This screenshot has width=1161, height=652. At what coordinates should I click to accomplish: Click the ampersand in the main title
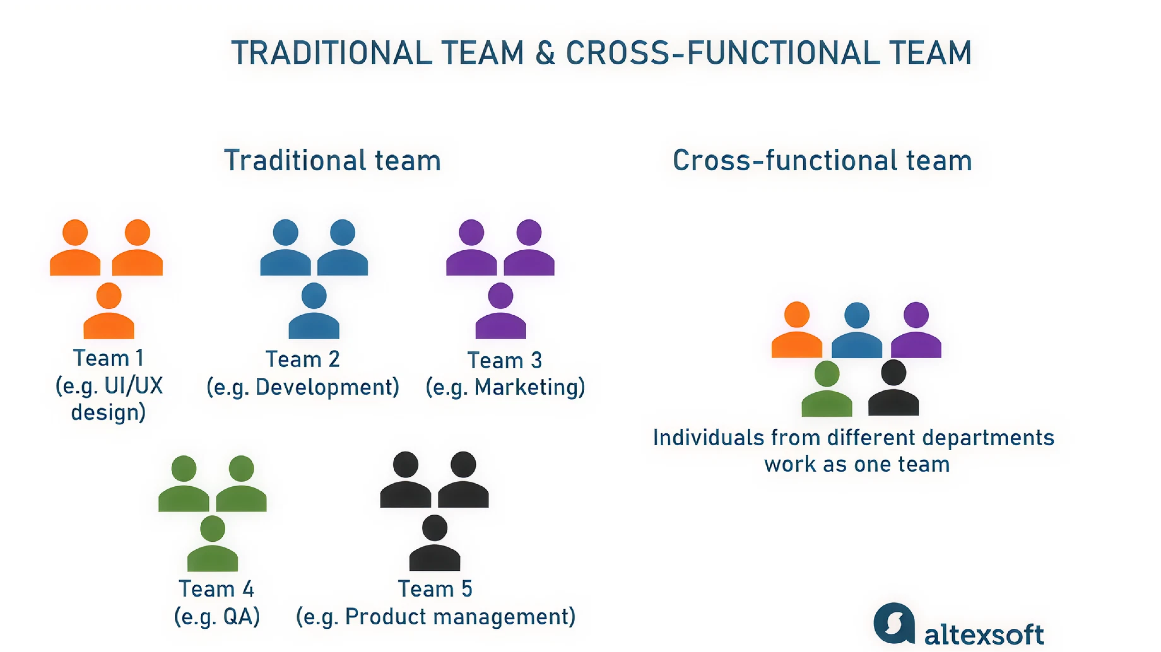(545, 53)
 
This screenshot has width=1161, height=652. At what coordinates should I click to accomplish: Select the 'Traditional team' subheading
(333, 161)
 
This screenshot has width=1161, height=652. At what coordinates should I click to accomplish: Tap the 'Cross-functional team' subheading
(822, 161)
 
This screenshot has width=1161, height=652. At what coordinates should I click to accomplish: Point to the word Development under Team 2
(327, 387)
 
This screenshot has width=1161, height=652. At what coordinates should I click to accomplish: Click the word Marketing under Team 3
(530, 387)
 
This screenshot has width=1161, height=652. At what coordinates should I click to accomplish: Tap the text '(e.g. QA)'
(217, 616)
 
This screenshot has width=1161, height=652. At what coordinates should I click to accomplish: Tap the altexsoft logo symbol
(894, 624)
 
